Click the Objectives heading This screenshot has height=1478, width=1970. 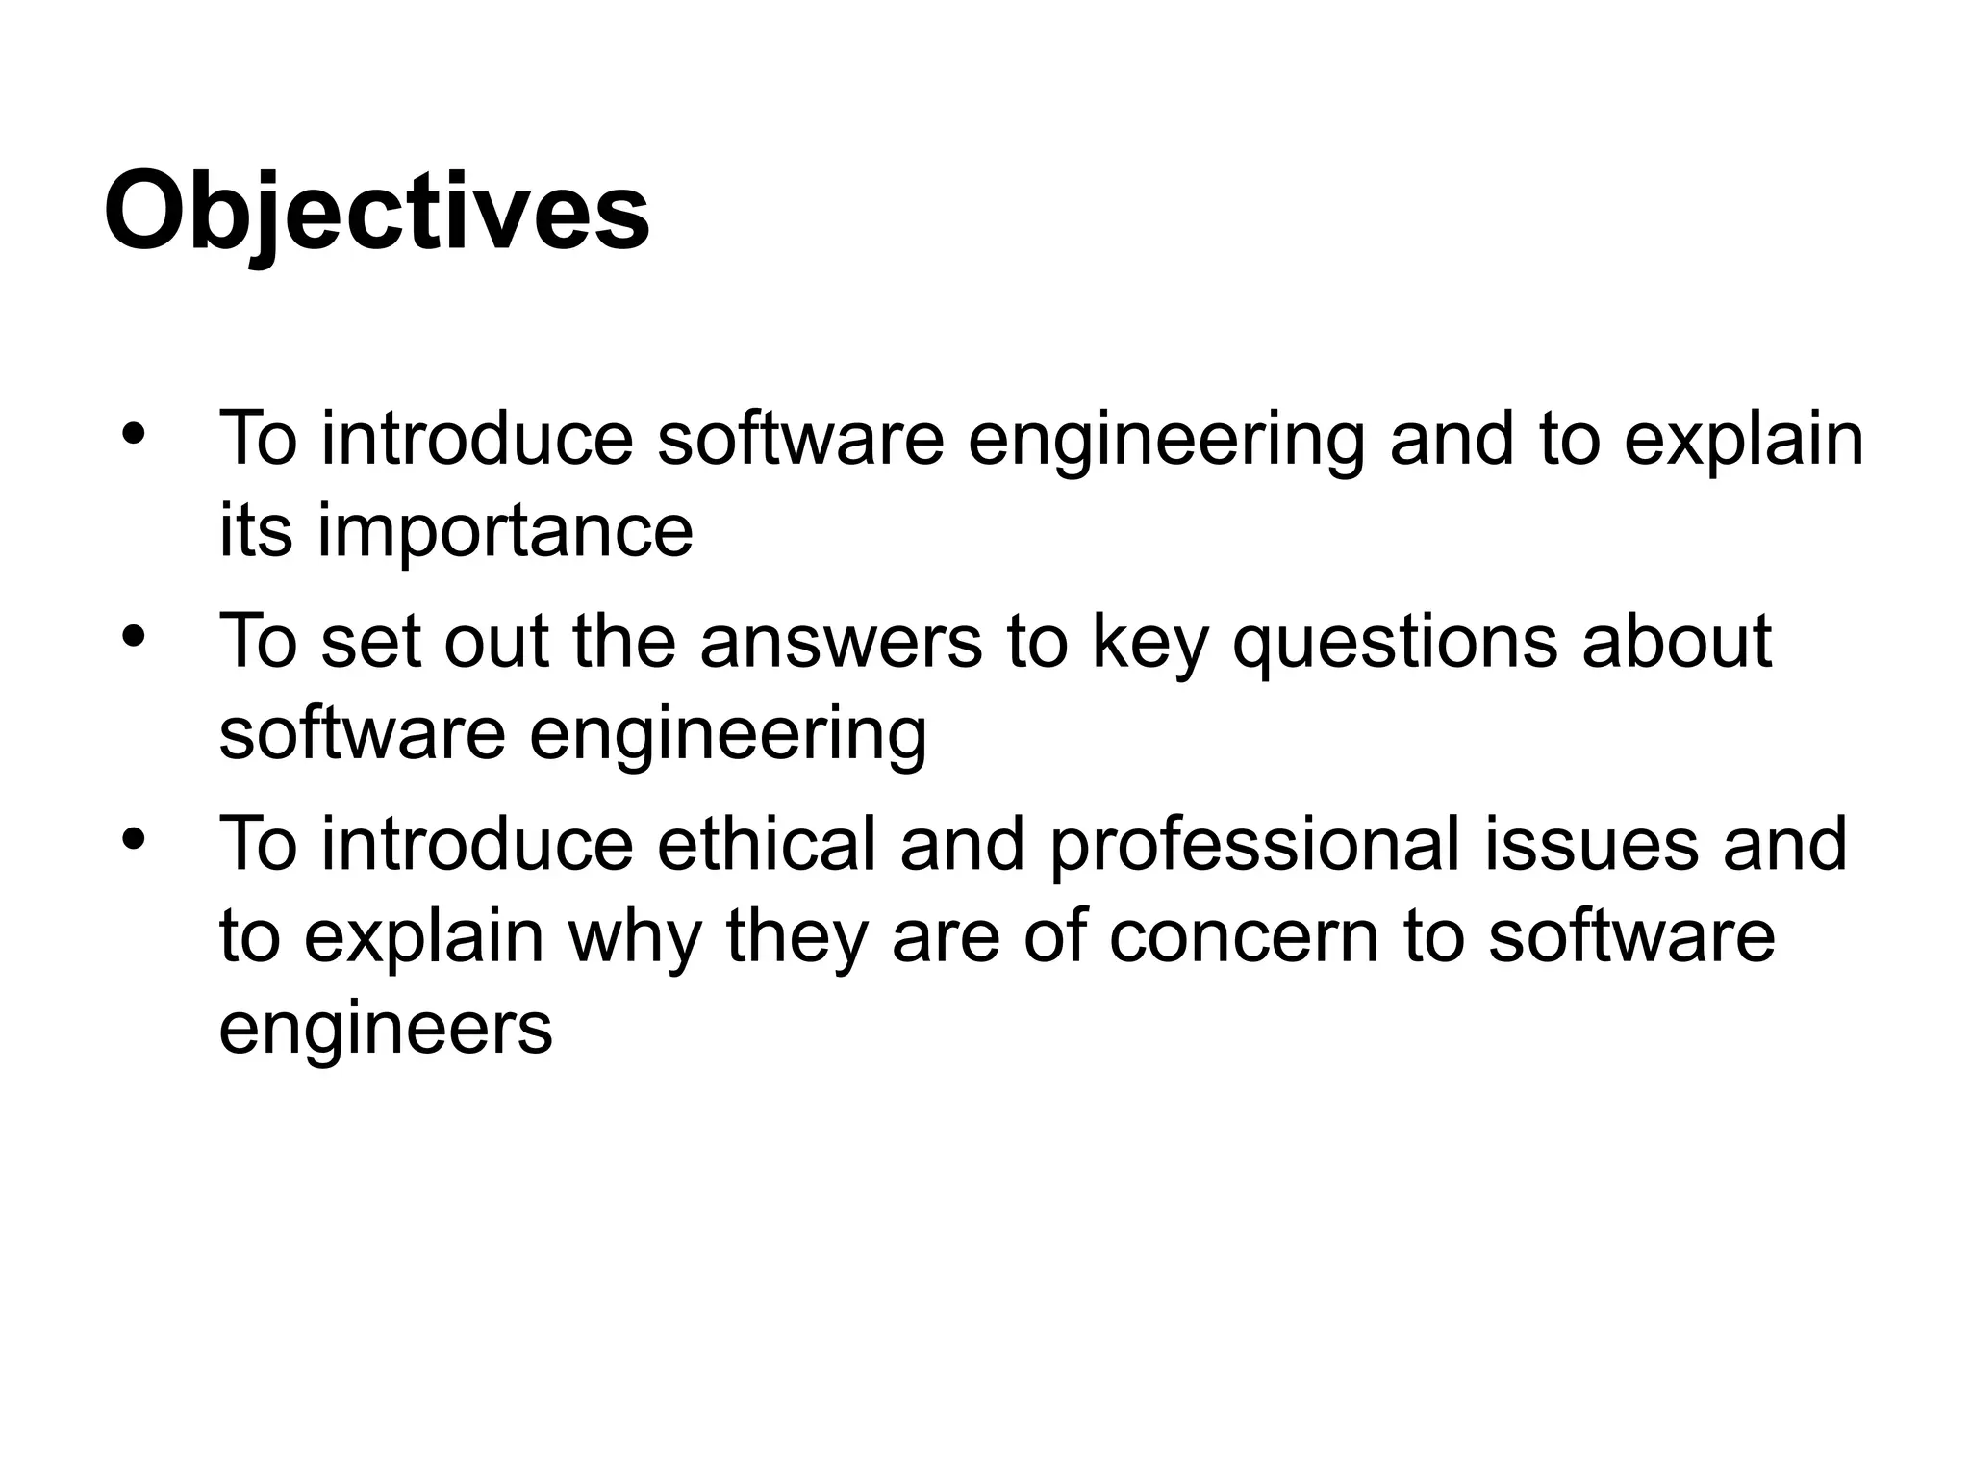click(376, 212)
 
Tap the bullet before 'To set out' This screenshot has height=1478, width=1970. click(133, 635)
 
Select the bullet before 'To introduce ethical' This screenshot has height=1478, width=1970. click(133, 837)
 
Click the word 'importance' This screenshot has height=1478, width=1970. click(505, 531)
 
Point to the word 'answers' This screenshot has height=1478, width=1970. click(841, 642)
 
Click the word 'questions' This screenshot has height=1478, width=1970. click(1394, 642)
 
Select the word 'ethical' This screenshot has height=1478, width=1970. click(767, 844)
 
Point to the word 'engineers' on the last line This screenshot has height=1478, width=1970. click(386, 1029)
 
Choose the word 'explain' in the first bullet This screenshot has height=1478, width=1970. click(1744, 440)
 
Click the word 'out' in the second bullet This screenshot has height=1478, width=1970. click(496, 642)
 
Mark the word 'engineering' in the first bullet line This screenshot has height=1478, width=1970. click(1166, 440)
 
